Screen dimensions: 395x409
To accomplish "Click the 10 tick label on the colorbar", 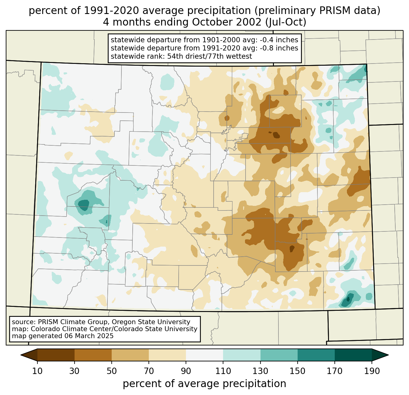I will point(37,371).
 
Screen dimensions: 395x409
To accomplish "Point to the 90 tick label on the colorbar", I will point(186,371).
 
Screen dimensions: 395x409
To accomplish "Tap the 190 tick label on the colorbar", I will point(372,371).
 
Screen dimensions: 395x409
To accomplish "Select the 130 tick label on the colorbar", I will point(260,371).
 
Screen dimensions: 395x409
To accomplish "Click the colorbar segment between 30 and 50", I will point(93,355).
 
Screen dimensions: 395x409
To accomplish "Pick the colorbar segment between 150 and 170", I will point(316,355).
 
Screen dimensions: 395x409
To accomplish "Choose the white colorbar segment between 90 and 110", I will point(204,355).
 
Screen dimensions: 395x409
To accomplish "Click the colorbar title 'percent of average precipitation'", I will point(204,384).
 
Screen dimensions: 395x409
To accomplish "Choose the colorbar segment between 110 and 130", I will point(242,355).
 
